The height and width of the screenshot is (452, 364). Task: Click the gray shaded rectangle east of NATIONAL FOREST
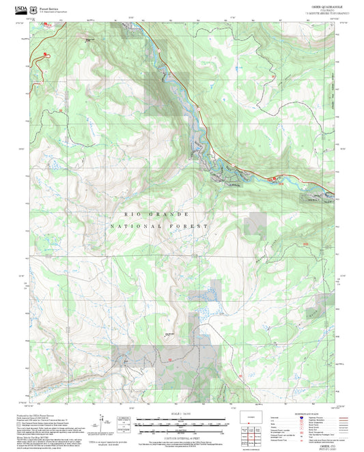point(257,223)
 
